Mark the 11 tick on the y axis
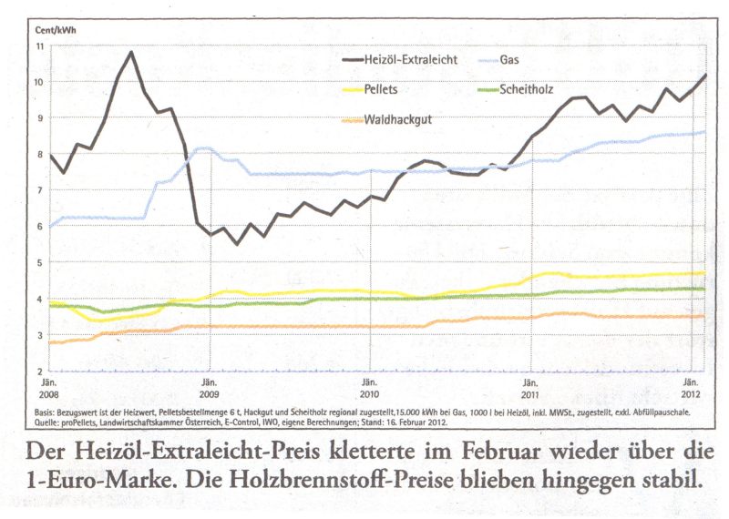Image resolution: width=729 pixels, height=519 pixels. click(40, 46)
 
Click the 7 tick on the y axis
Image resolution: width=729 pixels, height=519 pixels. click(40, 190)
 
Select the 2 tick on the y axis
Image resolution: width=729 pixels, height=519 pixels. click(40, 371)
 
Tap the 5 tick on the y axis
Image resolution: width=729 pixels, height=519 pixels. click(40, 262)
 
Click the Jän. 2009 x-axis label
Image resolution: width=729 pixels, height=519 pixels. click(209, 389)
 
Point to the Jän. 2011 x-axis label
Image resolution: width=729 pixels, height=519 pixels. click(530, 389)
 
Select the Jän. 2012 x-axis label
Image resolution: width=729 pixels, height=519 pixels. click(692, 389)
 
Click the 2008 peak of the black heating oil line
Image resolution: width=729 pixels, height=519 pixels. click(131, 52)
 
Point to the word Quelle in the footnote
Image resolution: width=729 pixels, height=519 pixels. click(61, 422)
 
